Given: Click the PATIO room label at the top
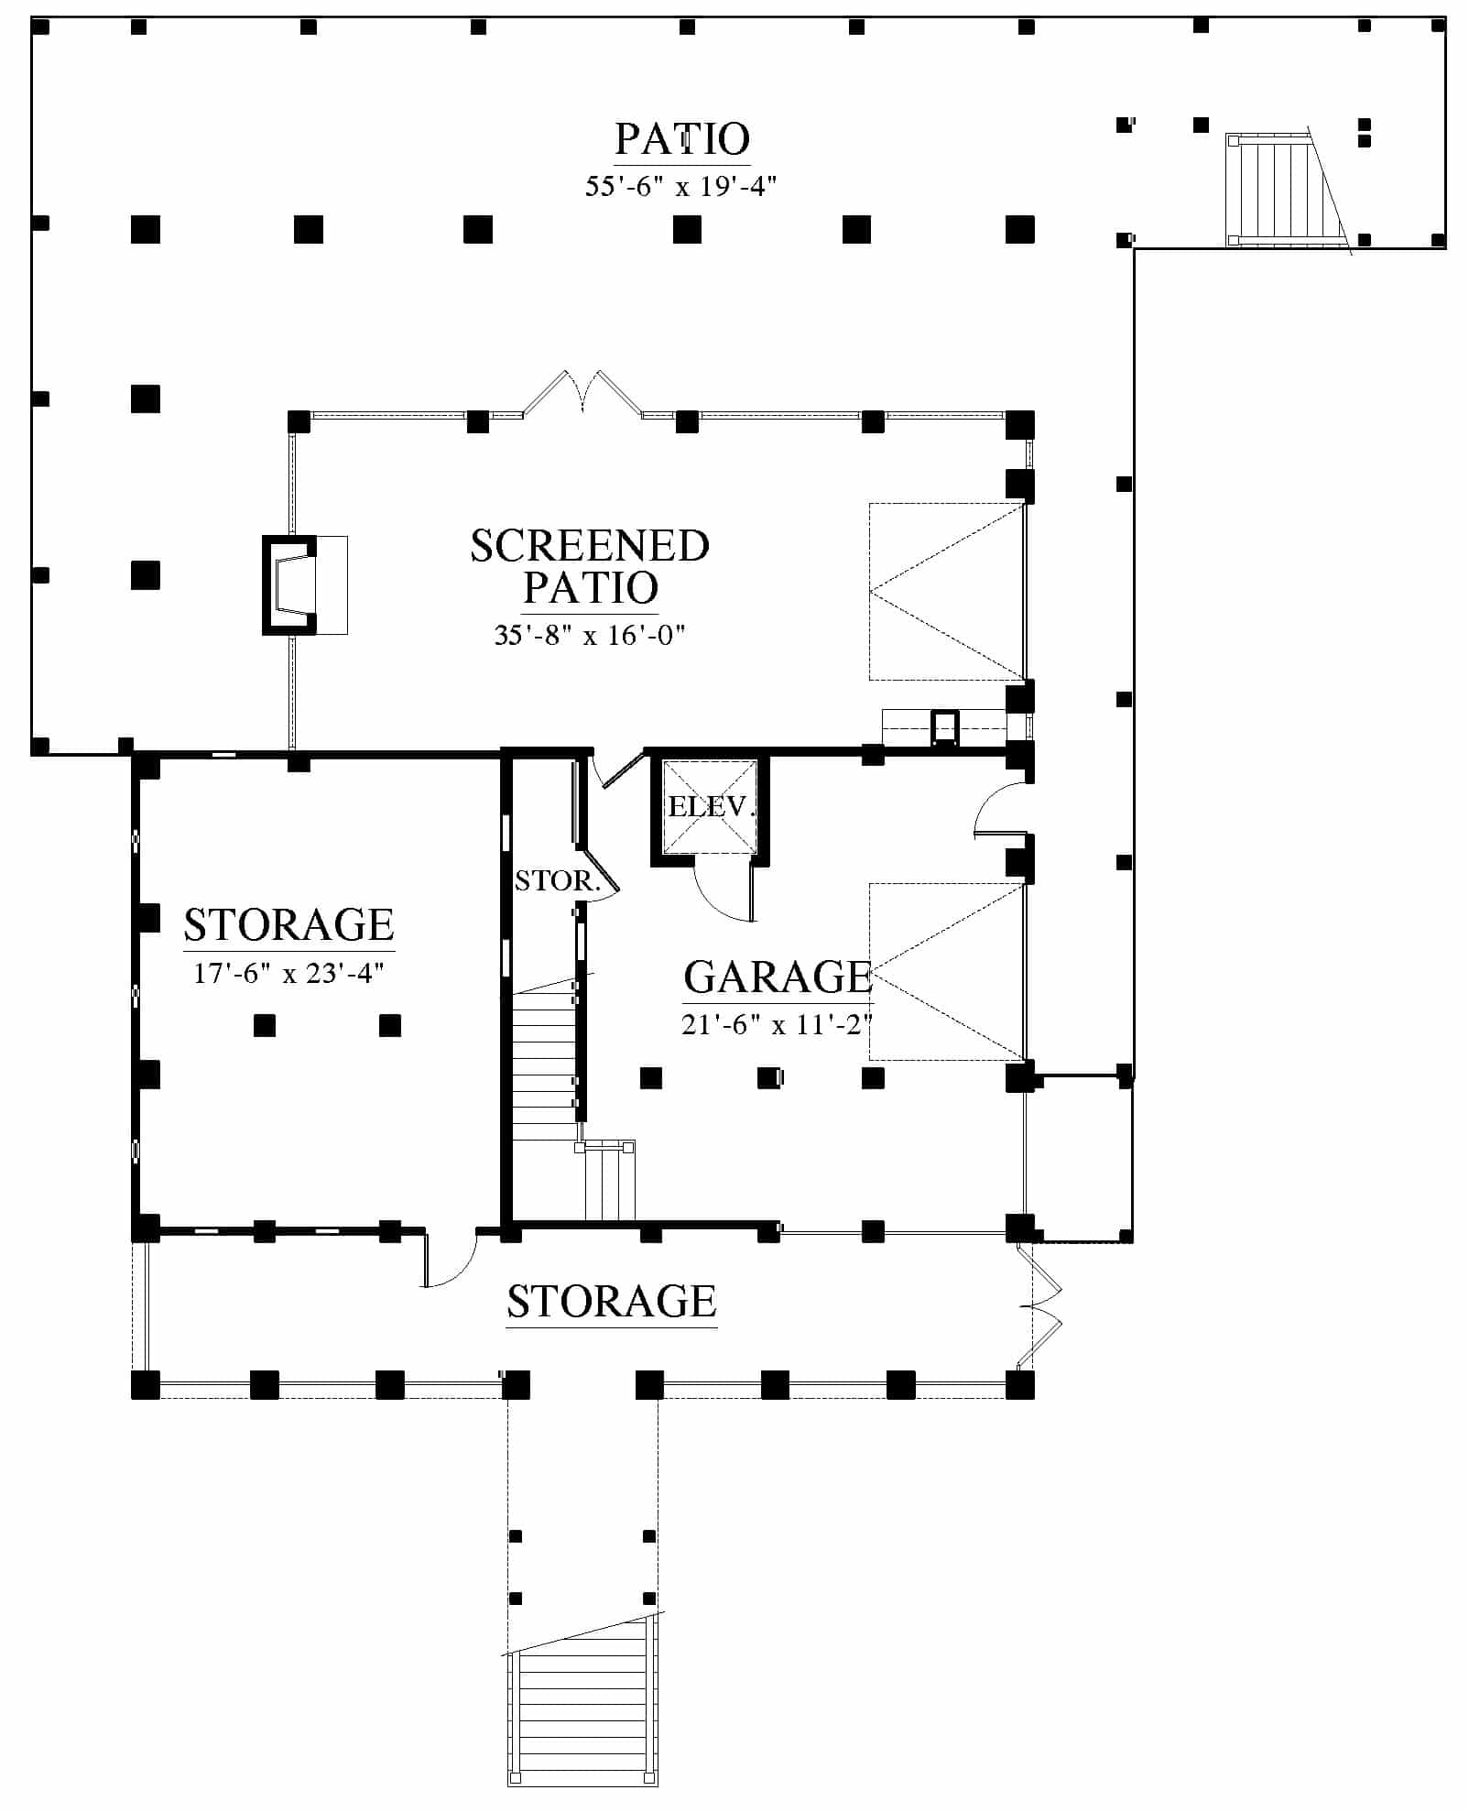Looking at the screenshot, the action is [682, 139].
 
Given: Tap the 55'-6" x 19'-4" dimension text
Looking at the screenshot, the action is [681, 187].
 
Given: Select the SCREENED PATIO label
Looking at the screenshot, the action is [590, 566].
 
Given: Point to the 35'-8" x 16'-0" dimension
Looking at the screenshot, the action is [590, 635].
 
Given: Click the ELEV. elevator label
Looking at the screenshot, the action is [712, 807].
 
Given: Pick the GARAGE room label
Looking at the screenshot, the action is [778, 977].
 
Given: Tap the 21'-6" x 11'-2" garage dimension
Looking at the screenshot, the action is [777, 1024].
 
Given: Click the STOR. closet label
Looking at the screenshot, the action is [558, 881].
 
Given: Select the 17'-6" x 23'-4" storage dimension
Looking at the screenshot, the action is [288, 972].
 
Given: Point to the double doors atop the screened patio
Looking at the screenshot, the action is [582, 394].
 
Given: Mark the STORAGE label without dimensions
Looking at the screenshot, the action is [612, 1302].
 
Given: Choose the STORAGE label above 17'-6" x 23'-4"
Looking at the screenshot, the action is [288, 925].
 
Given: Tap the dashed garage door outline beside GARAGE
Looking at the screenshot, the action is [947, 971].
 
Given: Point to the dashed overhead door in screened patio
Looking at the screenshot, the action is [947, 591].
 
